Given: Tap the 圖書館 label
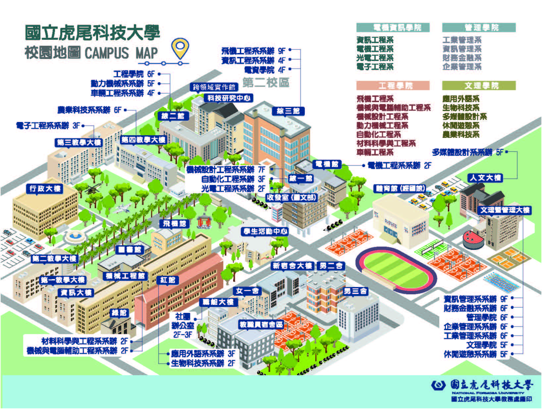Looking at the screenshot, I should pos(130,250).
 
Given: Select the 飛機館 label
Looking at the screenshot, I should pos(174,224).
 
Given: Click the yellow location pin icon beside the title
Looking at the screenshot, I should pos(180,48).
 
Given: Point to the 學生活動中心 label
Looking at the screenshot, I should pos(265,231).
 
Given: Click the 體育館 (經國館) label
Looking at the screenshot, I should pos(400,189).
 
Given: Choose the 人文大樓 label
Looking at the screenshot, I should pos(485,178).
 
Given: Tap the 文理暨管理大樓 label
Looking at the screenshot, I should pos(505,210).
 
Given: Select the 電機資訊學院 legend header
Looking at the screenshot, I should pos(393,28).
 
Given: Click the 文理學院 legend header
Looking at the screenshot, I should pos(479,86).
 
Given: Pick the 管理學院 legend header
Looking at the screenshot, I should pos(479,28).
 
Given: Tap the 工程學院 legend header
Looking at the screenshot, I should pos(393,86).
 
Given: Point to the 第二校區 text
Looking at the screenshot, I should pos(266,82).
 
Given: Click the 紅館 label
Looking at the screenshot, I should pos(168,280).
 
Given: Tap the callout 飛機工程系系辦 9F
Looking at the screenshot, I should pos(253,51).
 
